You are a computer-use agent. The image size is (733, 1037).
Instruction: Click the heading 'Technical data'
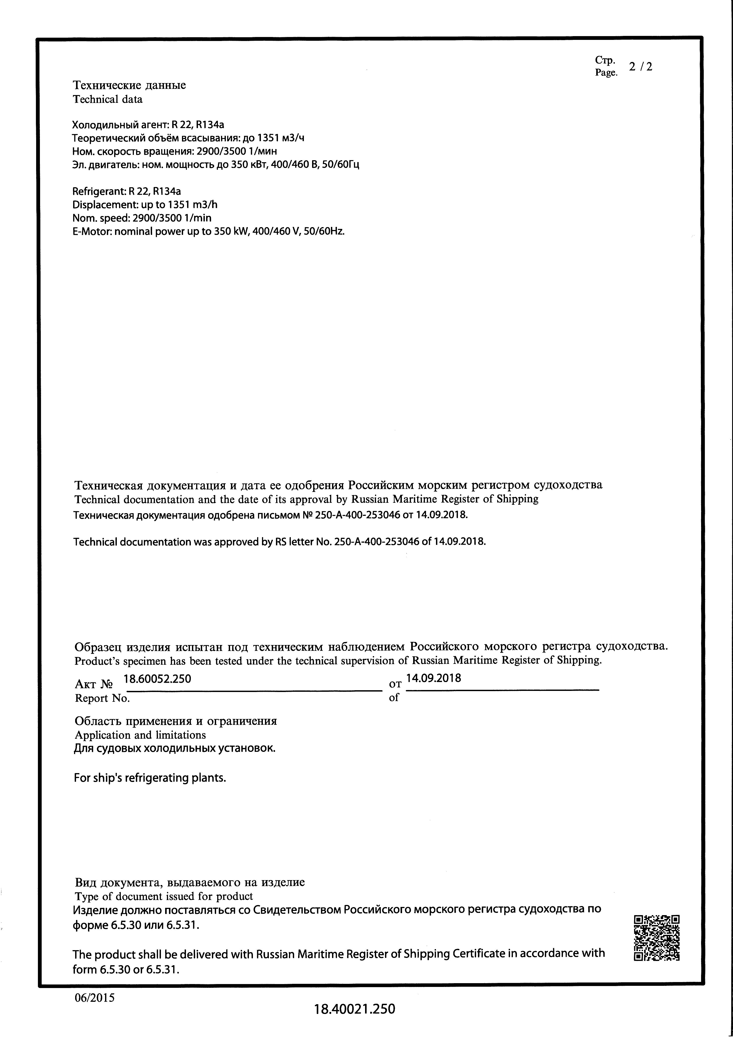pos(108,99)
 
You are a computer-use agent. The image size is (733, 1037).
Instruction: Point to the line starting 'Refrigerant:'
pos(127,191)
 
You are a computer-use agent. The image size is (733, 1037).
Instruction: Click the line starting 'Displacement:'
pos(145,205)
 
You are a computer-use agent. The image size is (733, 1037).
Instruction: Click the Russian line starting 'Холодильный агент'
pos(148,125)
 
